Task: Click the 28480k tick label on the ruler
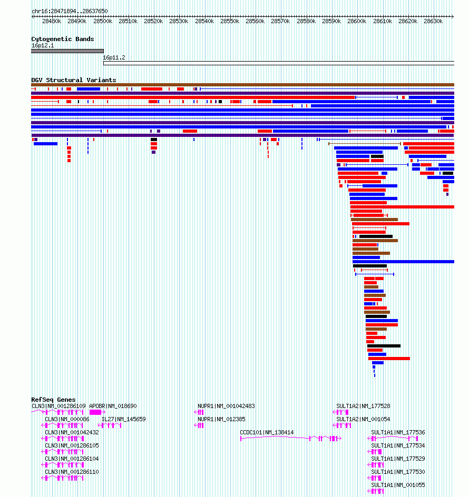click(52, 21)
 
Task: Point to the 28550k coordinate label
click(230, 21)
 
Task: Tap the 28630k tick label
click(433, 21)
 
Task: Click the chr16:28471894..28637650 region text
click(70, 11)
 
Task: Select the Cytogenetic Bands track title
click(63, 39)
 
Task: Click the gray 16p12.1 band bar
click(67, 51)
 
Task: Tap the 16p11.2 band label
click(114, 58)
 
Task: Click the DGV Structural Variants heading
click(74, 80)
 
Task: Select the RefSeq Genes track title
click(53, 400)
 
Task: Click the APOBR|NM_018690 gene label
click(113, 406)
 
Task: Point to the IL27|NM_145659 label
click(124, 419)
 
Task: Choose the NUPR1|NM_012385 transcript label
click(221, 419)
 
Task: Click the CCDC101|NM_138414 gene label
click(267, 432)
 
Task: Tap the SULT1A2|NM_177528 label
click(363, 406)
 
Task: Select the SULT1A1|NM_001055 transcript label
click(398, 485)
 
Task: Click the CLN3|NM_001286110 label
click(72, 472)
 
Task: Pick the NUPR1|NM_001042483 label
click(226, 406)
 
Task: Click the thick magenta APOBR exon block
click(95, 412)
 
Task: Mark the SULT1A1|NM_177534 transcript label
click(398, 445)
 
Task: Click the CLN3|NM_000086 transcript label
click(67, 419)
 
